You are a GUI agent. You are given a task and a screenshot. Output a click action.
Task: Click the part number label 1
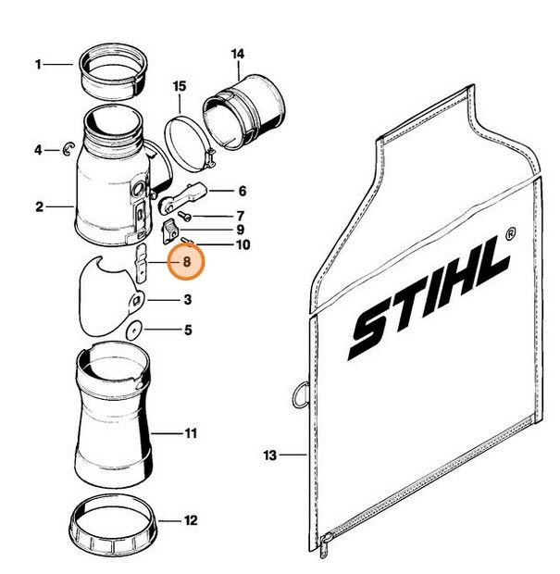click(38, 64)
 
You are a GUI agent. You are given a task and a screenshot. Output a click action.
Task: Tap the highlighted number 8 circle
click(187, 262)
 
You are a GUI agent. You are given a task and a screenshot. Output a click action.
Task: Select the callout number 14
click(238, 53)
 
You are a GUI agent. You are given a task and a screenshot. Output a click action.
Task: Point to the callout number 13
click(269, 455)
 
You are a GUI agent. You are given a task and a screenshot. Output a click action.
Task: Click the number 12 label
click(190, 521)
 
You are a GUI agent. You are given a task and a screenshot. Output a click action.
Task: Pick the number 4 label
click(38, 149)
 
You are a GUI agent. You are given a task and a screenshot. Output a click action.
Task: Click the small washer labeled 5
click(133, 329)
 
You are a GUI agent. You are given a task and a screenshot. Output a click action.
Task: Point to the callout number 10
click(242, 245)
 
